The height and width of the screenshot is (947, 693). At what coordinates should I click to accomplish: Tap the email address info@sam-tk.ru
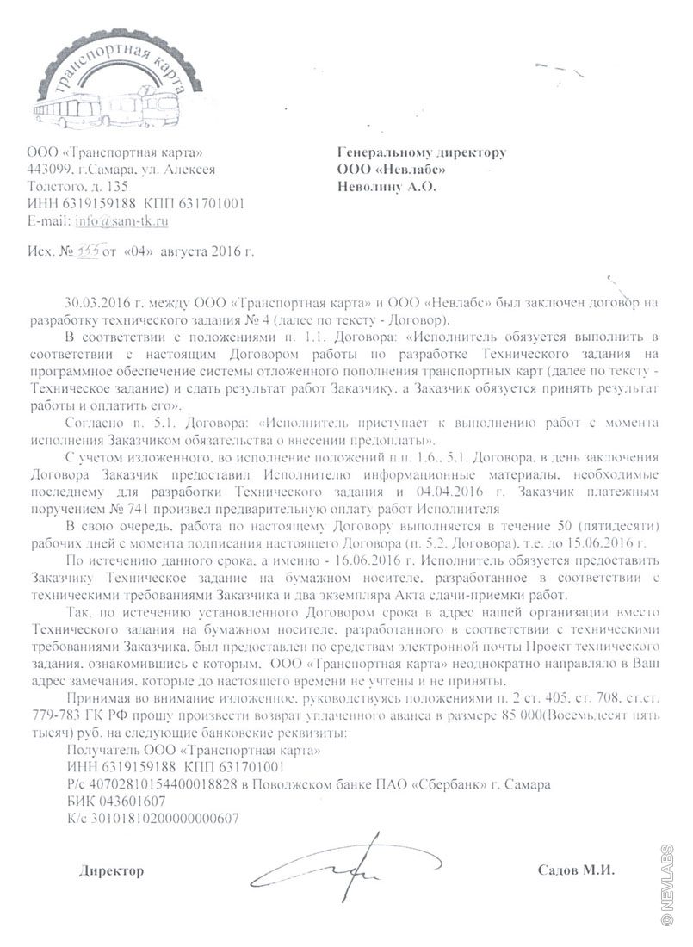(x=121, y=220)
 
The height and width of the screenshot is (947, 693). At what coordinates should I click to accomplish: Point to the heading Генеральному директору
(x=421, y=152)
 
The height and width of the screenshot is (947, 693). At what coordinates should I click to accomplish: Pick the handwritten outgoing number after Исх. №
(x=88, y=253)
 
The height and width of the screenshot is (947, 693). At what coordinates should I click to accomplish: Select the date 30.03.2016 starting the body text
(x=96, y=304)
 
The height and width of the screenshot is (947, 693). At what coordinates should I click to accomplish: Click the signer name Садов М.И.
(x=576, y=870)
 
